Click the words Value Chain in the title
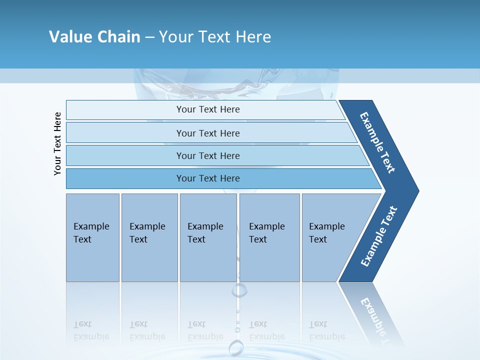[x=94, y=36]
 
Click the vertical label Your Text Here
[x=57, y=143]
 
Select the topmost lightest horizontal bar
[x=207, y=109]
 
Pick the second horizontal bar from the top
[x=207, y=133]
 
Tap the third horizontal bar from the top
[x=207, y=155]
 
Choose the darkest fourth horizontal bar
[x=207, y=178]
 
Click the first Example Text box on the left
[x=92, y=237]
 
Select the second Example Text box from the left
[x=149, y=237]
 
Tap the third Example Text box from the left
[x=208, y=237]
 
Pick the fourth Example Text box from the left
[x=269, y=237]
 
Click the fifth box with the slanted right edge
[x=330, y=237]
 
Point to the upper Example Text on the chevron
[x=377, y=142]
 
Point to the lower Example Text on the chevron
[x=378, y=236]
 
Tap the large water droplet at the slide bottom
[x=236, y=347]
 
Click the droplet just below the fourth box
[x=239, y=289]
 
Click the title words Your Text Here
[x=215, y=36]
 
